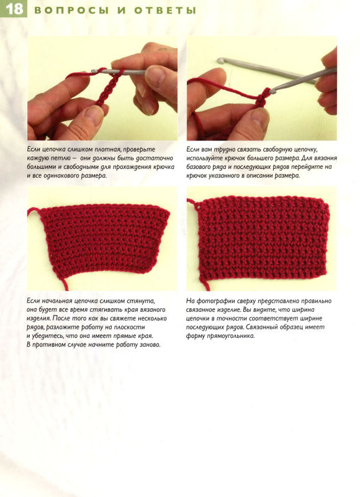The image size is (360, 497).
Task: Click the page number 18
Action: coord(14,9)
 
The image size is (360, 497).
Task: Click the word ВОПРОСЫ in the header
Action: coord(71,10)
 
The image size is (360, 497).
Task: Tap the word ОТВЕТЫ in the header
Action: coord(165,10)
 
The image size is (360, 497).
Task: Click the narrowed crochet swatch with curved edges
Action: coord(104,239)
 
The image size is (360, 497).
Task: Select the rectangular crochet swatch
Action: coord(263,238)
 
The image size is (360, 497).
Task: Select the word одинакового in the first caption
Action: coord(63,176)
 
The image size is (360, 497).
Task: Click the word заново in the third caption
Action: coord(150,345)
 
